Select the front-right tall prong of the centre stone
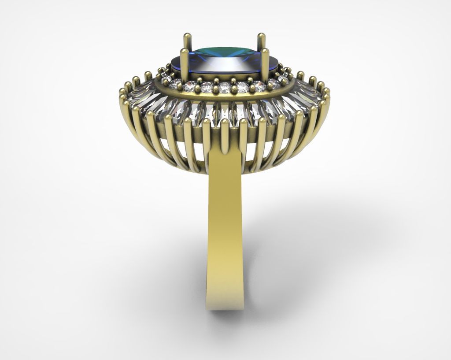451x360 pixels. (266, 66)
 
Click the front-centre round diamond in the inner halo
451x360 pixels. (225, 87)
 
